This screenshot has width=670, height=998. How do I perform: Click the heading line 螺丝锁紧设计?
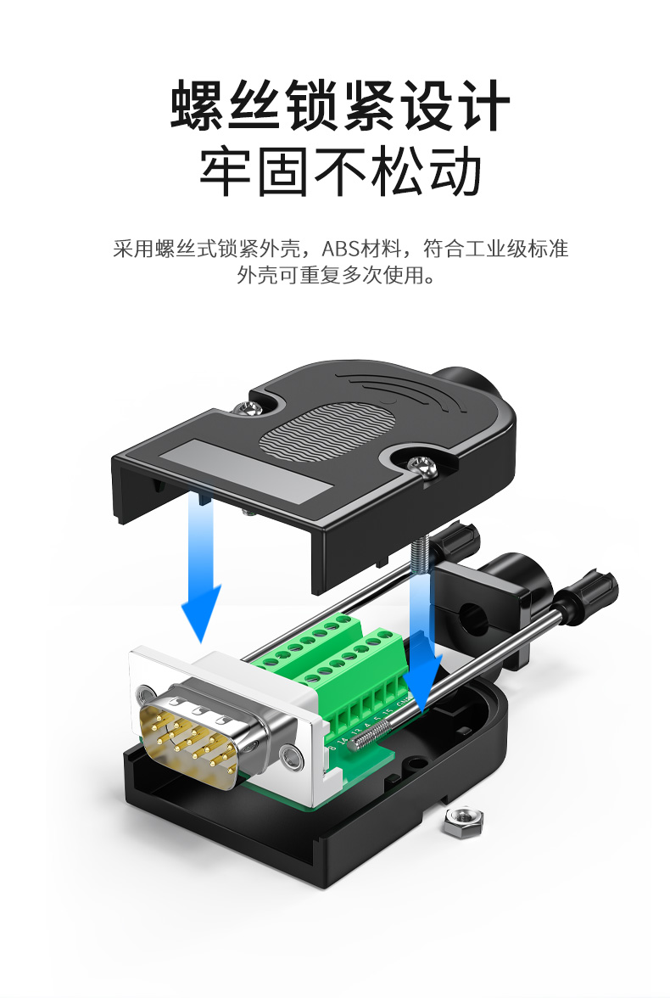coord(340,107)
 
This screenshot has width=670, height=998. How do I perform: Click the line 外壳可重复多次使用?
coord(336,276)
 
